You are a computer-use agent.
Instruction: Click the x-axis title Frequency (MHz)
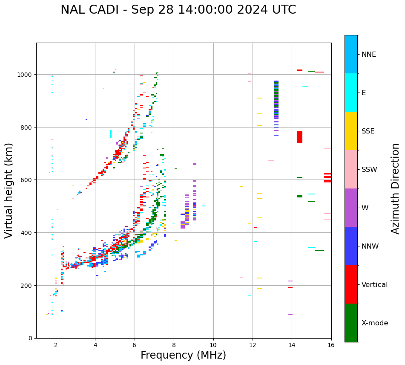[x=183, y=355]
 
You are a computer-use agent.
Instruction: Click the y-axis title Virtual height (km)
[x=9, y=190]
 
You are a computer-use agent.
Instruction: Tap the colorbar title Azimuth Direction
[x=396, y=188]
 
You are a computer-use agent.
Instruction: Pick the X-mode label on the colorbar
[x=375, y=323]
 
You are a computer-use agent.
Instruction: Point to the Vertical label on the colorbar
[x=374, y=285]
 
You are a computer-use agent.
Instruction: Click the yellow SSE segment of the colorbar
[x=351, y=131]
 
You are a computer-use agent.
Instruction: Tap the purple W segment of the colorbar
[x=351, y=208]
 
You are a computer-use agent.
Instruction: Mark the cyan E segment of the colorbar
[x=351, y=93]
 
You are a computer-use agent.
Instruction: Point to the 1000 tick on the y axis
[x=26, y=75]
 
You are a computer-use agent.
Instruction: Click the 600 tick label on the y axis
[x=27, y=180]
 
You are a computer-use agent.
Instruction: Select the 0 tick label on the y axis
[x=31, y=338]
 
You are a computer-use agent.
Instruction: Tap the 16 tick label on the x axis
[x=331, y=345]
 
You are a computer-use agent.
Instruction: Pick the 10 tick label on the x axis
[x=213, y=345]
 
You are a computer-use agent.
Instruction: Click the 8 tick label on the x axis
[x=174, y=345]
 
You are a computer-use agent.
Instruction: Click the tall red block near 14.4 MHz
[x=300, y=137]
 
